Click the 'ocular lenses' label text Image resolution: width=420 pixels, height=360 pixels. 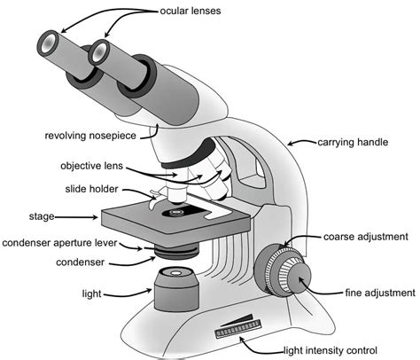tap(191, 12)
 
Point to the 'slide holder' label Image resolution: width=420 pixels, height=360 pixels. tap(93, 189)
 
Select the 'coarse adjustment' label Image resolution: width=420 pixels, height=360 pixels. tap(365, 238)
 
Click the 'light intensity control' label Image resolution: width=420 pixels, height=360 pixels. tap(329, 350)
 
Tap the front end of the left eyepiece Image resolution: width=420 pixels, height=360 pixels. tap(51, 43)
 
